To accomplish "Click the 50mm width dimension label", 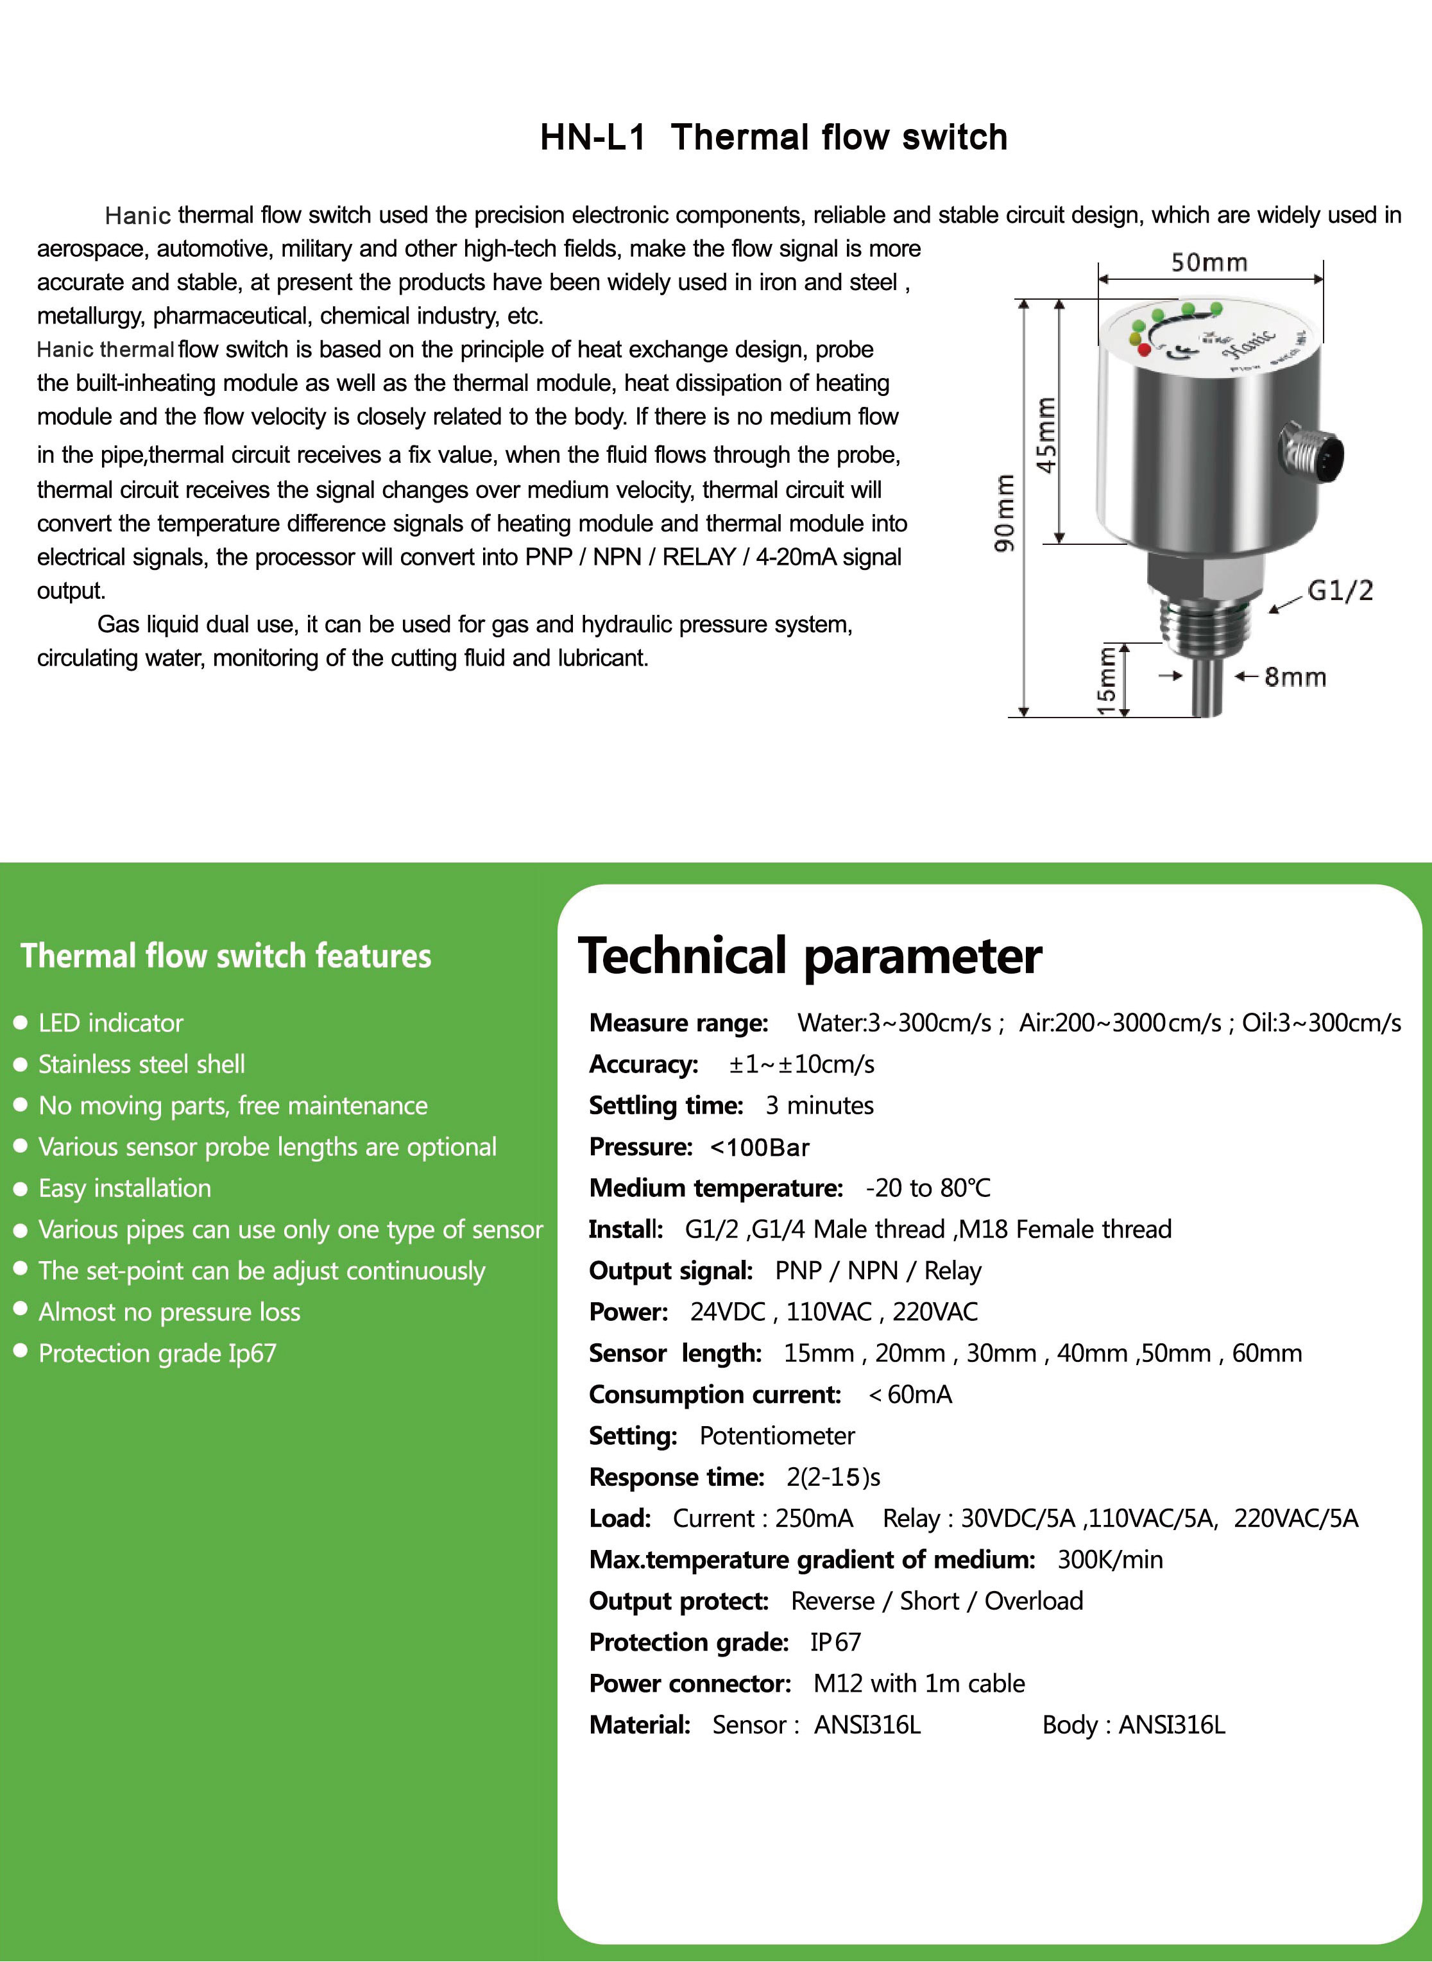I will pos(1209,262).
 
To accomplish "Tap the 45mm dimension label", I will pos(1047,435).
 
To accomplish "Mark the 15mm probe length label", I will pos(1107,680).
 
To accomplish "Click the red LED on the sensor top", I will pos(1143,349).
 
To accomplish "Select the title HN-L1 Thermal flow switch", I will pos(773,137).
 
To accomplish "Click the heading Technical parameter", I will pos(810,956).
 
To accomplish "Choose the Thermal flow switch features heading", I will pos(225,956).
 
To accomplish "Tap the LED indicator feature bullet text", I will pos(111,1023).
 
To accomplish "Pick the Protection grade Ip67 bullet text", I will pos(157,1354).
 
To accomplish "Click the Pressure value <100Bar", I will pos(760,1147).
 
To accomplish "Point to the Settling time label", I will pos(666,1105).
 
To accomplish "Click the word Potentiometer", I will pos(777,1436).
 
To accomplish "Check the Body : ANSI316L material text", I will pos(1133,1725).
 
